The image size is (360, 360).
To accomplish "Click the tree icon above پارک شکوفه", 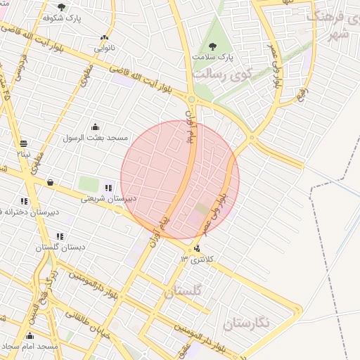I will [x=61, y=7].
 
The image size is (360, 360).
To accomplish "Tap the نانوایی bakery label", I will [x=105, y=49].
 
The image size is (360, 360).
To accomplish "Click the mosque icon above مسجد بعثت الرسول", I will [x=95, y=127].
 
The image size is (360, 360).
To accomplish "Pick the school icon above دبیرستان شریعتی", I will [x=108, y=188].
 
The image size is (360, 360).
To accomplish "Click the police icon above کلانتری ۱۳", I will [x=196, y=248].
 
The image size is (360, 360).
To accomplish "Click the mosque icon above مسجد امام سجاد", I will [x=30, y=336].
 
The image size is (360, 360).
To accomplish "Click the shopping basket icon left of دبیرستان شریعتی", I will [x=50, y=183].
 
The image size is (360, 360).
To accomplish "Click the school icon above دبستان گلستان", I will [x=60, y=237].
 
